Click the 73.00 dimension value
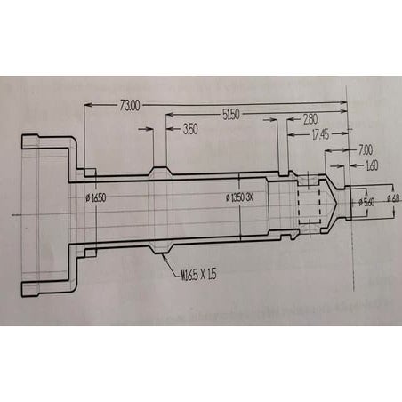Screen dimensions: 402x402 click(x=128, y=106)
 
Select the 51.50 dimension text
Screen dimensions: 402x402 click(x=233, y=113)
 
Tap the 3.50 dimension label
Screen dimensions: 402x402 click(x=189, y=130)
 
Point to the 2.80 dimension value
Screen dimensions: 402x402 click(x=311, y=119)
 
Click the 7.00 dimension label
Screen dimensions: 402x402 click(x=365, y=150)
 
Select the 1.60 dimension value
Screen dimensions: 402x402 click(x=370, y=165)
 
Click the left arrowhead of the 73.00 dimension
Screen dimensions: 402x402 click(x=86, y=106)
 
